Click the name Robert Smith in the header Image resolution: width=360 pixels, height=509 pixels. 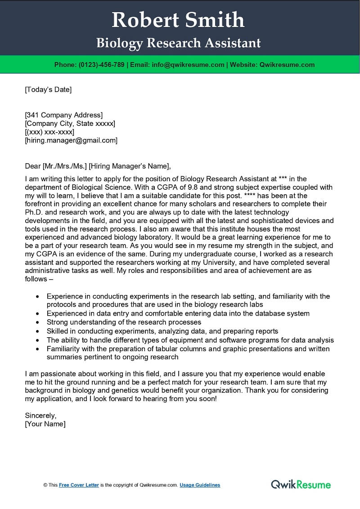click(178, 20)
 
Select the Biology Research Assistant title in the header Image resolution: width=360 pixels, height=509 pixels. click(178, 43)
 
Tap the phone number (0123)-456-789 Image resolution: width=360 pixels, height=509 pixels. click(102, 65)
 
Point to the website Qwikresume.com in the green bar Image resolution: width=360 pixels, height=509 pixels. click(287, 65)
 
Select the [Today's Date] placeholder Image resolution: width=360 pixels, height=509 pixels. click(48, 89)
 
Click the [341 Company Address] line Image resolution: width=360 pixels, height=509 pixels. click(64, 115)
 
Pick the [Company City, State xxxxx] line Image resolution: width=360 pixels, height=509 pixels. click(70, 123)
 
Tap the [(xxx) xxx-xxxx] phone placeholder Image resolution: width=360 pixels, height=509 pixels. click(49, 132)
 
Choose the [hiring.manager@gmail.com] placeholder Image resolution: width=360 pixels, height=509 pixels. click(71, 140)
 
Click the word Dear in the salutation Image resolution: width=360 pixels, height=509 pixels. click(32, 166)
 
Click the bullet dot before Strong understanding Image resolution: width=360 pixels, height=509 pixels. click(37, 322)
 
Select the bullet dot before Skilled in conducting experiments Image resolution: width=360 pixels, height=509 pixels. click(37, 331)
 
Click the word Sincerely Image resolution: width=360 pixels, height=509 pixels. click(40, 415)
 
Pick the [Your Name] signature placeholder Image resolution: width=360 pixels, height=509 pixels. click(45, 424)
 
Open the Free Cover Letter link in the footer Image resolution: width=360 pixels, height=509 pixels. click(79, 485)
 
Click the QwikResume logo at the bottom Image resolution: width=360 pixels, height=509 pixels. click(301, 484)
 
